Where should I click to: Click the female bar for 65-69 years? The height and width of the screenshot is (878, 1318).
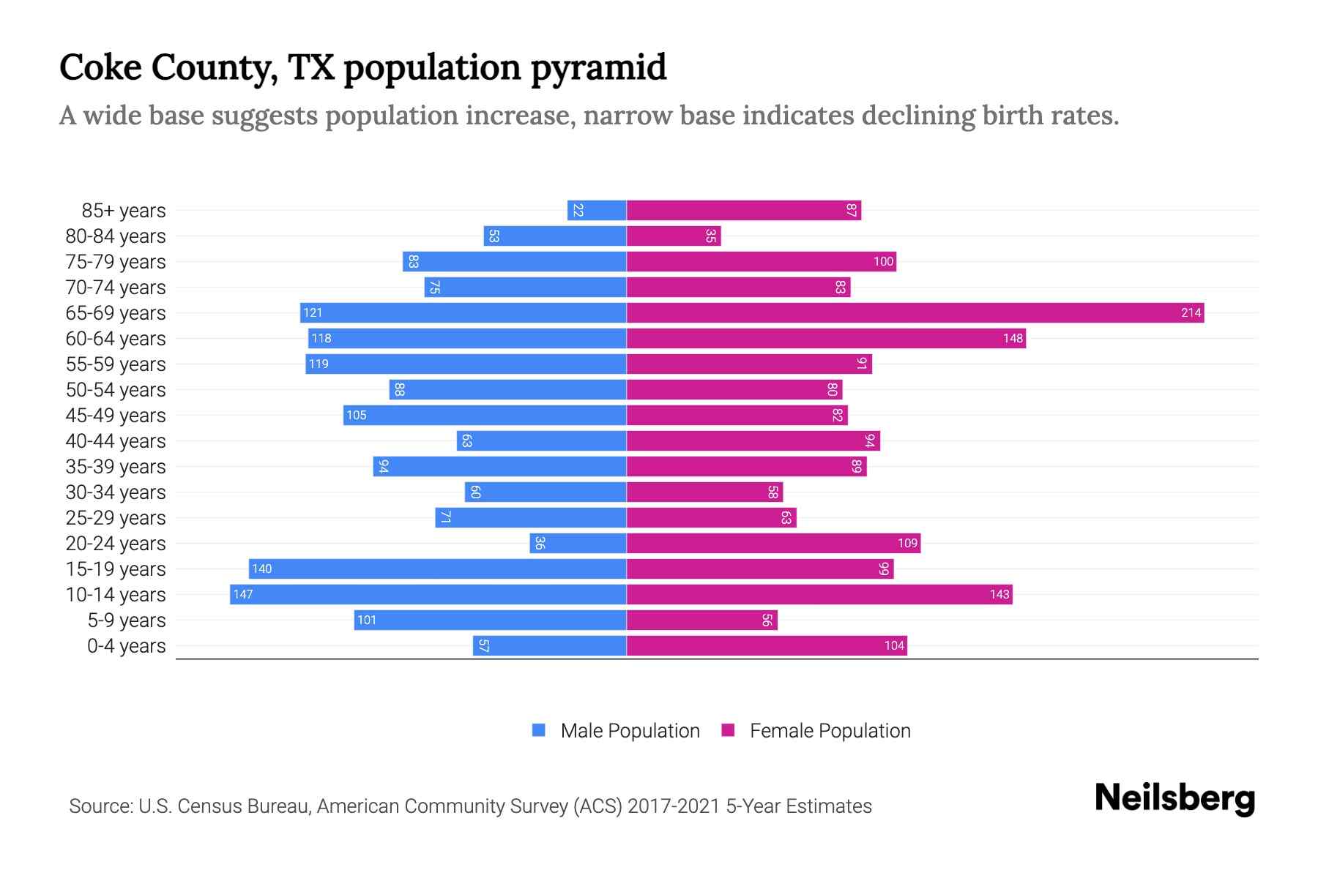[x=915, y=312]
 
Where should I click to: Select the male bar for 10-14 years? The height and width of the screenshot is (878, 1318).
[x=428, y=594]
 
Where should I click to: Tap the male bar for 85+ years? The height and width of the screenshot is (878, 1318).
[x=597, y=210]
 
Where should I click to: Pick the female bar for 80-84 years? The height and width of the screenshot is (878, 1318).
[x=674, y=236]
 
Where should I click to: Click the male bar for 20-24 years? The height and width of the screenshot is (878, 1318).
[x=578, y=543]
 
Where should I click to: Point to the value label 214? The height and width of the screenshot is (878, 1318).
[x=1191, y=312]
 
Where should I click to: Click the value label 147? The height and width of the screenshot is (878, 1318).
[x=243, y=594]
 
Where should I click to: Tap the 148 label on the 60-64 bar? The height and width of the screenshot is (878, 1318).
[x=1013, y=338]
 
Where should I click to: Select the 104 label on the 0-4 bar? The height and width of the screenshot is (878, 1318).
[x=894, y=645]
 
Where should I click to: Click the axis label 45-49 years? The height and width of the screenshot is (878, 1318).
[x=116, y=415]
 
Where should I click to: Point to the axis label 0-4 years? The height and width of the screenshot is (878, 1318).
[x=126, y=645]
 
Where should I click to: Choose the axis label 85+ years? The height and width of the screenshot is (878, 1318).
[x=124, y=210]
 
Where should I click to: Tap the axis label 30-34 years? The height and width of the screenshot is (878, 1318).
[x=116, y=492]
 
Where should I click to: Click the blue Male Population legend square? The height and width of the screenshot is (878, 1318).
[x=539, y=730]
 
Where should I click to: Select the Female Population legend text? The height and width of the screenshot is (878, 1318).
[x=830, y=730]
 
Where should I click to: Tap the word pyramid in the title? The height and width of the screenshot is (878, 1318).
[x=598, y=67]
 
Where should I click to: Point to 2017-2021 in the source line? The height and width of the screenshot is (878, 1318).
[x=674, y=806]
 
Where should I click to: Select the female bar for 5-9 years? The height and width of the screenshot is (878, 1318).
[x=701, y=620]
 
